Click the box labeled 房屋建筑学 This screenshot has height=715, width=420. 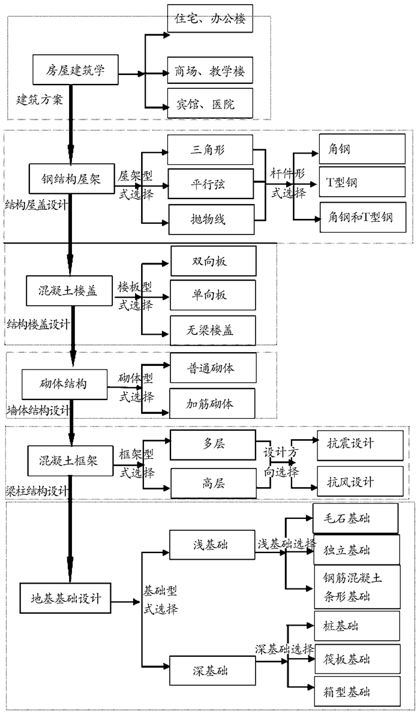pos(75,71)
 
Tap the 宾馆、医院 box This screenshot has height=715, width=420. pos(210,104)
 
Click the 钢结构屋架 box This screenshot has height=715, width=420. pos(71,178)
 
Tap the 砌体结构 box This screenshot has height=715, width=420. pos(64,383)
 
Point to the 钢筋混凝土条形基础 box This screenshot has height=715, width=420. pos(356,587)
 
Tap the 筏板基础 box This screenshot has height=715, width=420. pos(356,660)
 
